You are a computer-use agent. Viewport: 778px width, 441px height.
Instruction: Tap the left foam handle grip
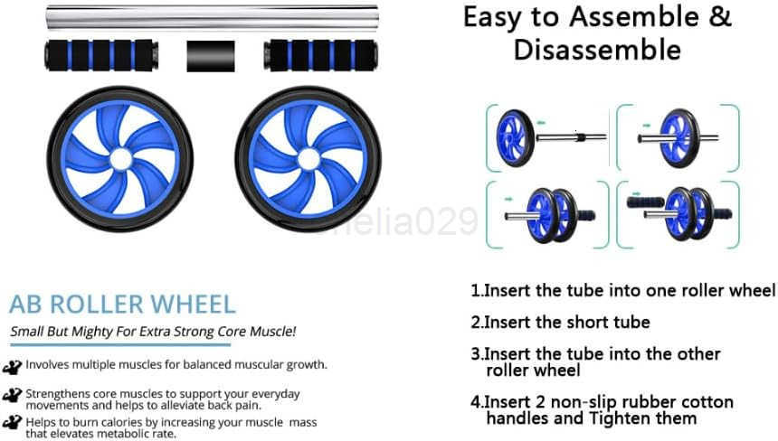[x=100, y=55]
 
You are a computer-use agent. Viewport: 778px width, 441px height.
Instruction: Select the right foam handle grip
[x=320, y=55]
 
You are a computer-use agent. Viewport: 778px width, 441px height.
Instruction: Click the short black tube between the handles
[x=211, y=56]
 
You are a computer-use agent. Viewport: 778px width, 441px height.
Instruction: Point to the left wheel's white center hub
[x=120, y=159]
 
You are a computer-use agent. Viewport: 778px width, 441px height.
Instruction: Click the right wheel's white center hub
[x=308, y=159]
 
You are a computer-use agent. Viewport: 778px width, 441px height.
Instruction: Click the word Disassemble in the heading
[x=597, y=50]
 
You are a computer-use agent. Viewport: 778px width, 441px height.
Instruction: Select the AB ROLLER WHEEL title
[x=122, y=304]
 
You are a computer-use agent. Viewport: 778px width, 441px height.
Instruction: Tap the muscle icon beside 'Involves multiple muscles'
[x=13, y=366]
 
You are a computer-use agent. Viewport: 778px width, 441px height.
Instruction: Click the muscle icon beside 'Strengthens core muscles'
[x=13, y=395]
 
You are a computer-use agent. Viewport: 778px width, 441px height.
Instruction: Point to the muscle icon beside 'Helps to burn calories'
[x=13, y=422]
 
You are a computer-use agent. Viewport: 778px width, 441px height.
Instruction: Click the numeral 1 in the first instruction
[x=475, y=291]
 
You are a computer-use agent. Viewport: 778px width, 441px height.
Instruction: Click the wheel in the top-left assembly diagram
[x=514, y=137]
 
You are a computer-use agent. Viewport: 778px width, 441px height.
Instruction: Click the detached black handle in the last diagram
[x=645, y=202]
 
